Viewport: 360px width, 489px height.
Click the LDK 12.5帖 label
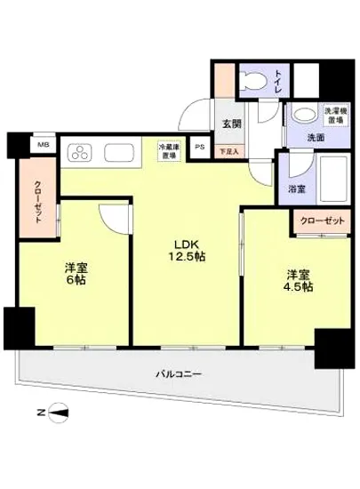185,250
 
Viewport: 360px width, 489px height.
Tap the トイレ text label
278,82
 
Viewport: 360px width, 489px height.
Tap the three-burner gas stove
77,152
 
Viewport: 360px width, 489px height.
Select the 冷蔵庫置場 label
168,150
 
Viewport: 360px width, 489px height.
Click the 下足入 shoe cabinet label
228,153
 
